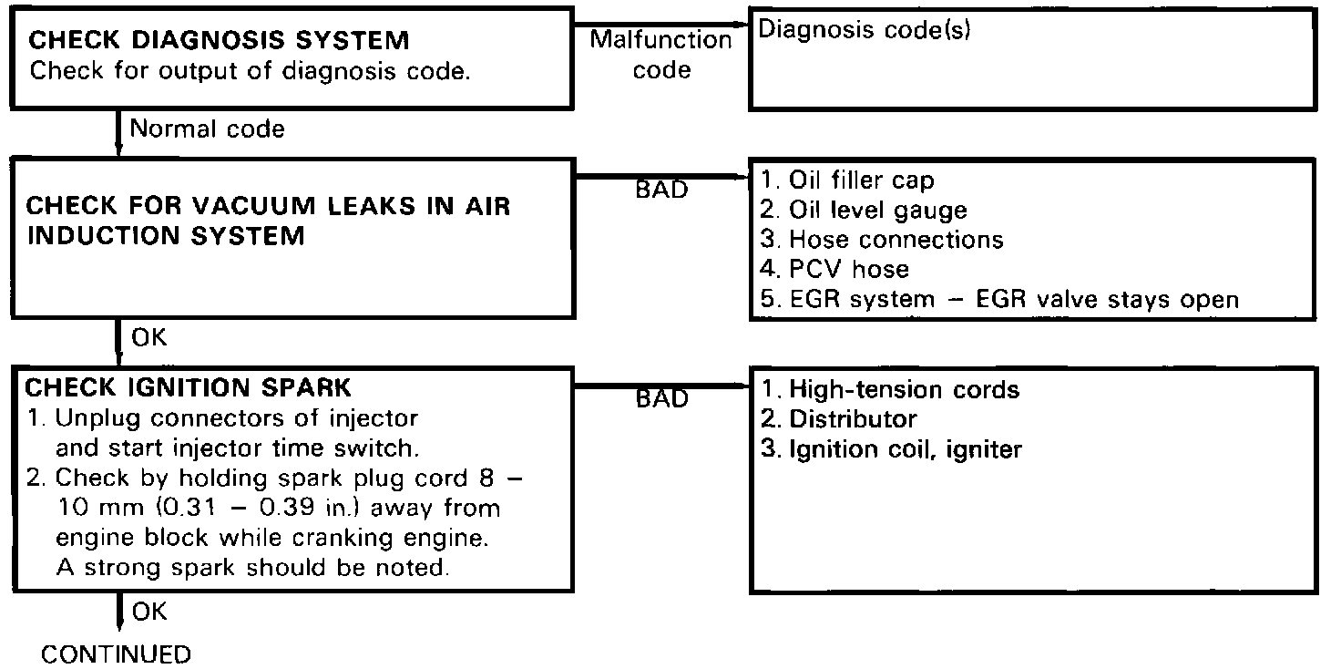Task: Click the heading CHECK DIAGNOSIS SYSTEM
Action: pos(220,41)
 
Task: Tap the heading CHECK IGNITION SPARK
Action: pos(188,387)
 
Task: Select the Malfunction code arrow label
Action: pos(660,55)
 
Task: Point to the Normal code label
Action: pos(207,129)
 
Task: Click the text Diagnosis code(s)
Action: pos(865,29)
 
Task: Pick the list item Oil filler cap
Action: pos(847,180)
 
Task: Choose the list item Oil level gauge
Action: pos(864,210)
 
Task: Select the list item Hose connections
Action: pos(882,240)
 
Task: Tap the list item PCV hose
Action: pos(834,269)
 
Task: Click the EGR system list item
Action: pos(999,299)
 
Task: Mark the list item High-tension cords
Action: pos(890,390)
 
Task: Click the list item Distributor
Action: pos(839,419)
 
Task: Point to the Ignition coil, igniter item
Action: pos(891,449)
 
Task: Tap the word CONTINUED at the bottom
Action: pos(117,654)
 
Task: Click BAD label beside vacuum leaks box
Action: pos(661,190)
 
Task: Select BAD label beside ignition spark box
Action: pos(661,399)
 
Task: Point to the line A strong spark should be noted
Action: pos(253,568)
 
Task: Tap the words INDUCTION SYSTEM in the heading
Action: pos(165,236)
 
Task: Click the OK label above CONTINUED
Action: pos(149,611)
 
